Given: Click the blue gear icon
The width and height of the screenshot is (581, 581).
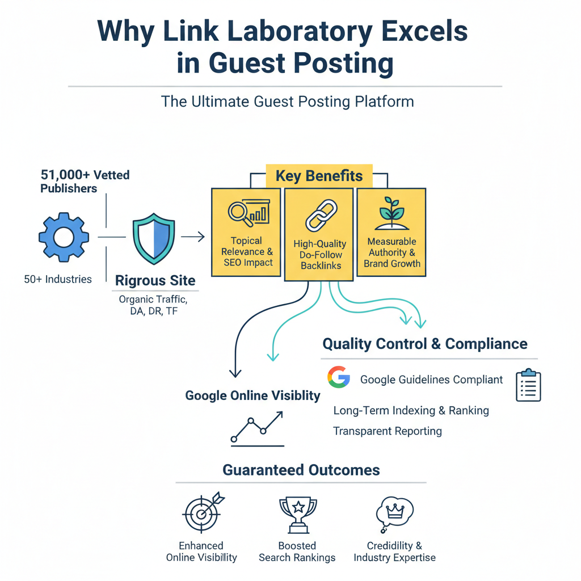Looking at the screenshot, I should click(64, 237).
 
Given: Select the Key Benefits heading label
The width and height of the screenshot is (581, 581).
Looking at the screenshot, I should click(319, 176).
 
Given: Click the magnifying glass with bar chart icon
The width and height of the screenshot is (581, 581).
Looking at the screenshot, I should click(247, 214).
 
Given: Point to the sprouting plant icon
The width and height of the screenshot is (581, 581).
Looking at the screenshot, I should click(392, 214).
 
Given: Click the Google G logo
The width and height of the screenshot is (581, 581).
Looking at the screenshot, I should click(339, 378).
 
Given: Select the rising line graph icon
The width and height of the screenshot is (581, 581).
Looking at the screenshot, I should click(257, 427).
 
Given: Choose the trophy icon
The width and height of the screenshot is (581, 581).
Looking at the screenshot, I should click(297, 514).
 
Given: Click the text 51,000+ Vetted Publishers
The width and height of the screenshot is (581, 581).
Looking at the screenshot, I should click(85, 182).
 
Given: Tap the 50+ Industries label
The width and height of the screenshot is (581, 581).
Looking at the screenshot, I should click(58, 279).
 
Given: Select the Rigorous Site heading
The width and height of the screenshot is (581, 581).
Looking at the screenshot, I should click(155, 280).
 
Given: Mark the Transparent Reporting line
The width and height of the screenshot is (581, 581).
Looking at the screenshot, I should click(388, 431).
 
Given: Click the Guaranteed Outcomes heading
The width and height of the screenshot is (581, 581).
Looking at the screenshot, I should click(301, 470).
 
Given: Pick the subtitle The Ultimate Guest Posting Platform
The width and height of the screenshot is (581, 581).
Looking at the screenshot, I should click(288, 102).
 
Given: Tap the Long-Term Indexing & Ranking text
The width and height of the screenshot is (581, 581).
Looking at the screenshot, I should click(411, 410).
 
